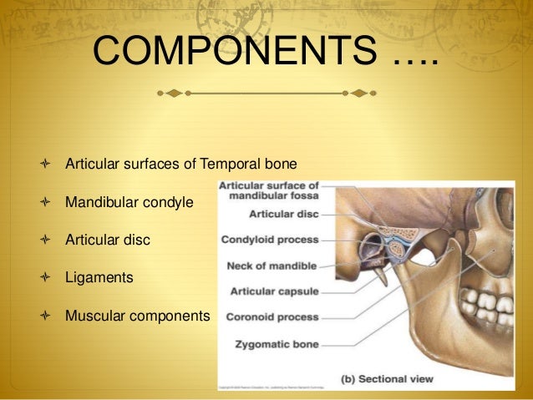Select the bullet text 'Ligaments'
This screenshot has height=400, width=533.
(99, 277)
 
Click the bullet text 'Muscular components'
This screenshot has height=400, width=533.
(138, 316)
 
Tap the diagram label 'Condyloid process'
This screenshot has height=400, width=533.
(269, 241)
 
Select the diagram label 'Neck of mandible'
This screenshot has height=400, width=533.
(272, 266)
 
